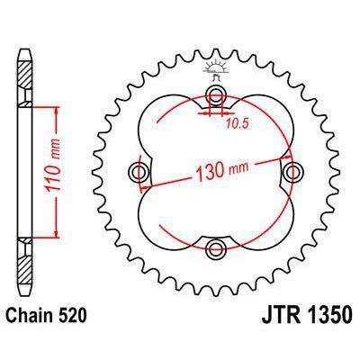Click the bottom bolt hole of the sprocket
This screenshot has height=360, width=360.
tap(216, 248)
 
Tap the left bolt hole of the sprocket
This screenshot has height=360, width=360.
tap(139, 172)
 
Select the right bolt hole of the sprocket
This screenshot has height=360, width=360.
tap(292, 172)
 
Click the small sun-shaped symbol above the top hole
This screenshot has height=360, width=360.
tap(216, 68)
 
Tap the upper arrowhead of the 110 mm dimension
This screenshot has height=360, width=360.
tap(58, 109)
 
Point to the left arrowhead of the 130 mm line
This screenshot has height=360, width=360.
tap(143, 188)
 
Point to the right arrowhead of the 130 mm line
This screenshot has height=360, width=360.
tap(289, 157)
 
